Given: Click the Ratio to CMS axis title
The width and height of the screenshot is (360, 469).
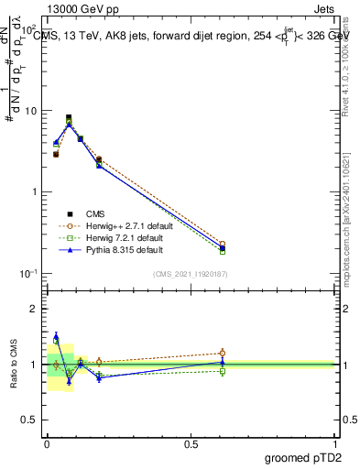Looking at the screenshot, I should pyautogui.click(x=15, y=365).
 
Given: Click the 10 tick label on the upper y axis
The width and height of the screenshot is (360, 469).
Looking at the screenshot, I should pyautogui.click(x=30, y=112).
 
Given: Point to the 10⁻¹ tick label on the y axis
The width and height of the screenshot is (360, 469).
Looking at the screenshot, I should pyautogui.click(x=27, y=273).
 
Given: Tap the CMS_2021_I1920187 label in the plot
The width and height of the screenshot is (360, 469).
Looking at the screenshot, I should pyautogui.click(x=191, y=274).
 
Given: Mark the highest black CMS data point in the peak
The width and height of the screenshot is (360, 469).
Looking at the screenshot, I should pyautogui.click(x=69, y=117).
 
